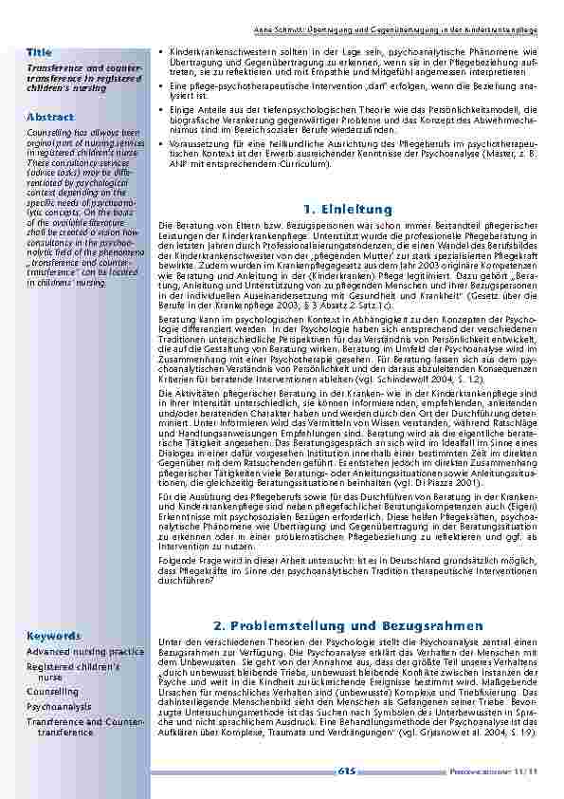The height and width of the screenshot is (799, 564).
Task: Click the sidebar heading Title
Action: coord(39,51)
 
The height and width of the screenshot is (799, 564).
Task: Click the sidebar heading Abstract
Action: coord(49,117)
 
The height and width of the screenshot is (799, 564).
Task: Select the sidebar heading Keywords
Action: coord(54,635)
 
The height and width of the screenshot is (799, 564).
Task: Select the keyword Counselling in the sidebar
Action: coord(53,693)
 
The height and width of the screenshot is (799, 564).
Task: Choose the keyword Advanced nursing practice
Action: coord(85,652)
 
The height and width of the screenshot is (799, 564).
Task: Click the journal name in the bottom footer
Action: coord(501,771)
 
